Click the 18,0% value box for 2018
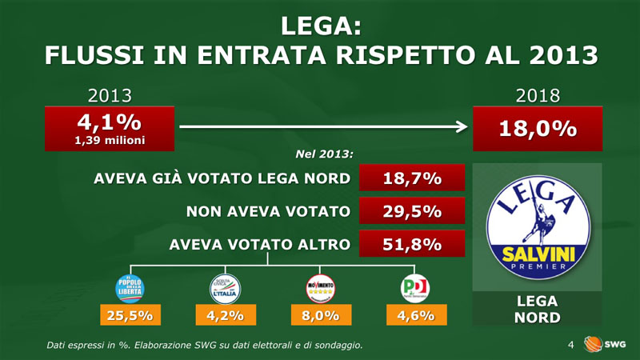[x=538, y=129]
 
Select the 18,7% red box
[x=412, y=178]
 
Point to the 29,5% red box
[x=412, y=211]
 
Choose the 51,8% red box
[x=412, y=245]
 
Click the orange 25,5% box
[x=130, y=316]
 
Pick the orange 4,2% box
[x=225, y=316]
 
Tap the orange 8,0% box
[x=320, y=316]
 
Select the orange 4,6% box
[x=415, y=316]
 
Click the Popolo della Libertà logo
[x=130, y=287]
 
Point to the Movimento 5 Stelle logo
[x=320, y=287]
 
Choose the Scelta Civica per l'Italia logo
[x=224, y=287]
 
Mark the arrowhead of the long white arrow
[x=462, y=126]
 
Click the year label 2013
[x=109, y=96]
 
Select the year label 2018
[x=538, y=96]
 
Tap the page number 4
[x=570, y=345]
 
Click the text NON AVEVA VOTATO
[x=268, y=211]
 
